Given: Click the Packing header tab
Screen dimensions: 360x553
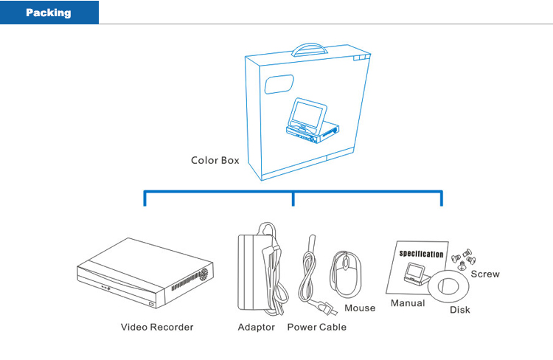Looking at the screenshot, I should [x=49, y=13].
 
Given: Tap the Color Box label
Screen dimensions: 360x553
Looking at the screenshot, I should [x=215, y=160].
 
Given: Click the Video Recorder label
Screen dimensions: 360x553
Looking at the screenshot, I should [x=157, y=327].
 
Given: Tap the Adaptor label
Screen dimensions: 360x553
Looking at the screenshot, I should [x=256, y=327].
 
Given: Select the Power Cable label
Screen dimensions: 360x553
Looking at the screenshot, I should [x=316, y=327].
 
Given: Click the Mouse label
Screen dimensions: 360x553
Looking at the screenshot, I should [x=360, y=308].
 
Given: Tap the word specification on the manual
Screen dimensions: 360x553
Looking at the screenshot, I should [x=421, y=254].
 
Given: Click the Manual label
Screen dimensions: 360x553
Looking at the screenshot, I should [x=408, y=303].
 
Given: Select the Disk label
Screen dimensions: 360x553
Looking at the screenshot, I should [x=460, y=310].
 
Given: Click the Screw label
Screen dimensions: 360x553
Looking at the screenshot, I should [x=484, y=274].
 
